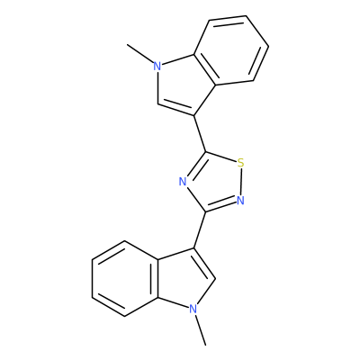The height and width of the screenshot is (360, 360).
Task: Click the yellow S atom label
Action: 240,163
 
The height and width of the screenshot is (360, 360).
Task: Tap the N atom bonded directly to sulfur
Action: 240,200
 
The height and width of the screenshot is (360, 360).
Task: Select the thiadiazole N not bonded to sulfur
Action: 183,182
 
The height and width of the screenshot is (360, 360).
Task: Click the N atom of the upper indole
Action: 157,66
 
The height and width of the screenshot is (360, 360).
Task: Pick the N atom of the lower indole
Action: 193,309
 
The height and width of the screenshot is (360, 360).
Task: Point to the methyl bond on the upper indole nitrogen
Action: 140,54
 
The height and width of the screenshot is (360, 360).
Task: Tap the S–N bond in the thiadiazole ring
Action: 240,182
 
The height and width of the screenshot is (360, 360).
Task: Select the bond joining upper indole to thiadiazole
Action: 200,133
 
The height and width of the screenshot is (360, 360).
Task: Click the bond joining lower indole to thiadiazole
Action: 200,229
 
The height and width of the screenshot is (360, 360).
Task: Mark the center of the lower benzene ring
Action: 125,278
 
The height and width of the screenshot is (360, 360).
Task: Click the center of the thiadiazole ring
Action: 215,182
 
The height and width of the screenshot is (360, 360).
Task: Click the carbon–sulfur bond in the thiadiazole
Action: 221,157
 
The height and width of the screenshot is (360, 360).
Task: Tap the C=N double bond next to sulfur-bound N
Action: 220,205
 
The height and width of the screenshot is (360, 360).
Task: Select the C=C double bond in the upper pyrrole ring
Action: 176,108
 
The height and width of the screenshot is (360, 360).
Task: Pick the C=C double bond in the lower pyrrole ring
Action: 204,264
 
